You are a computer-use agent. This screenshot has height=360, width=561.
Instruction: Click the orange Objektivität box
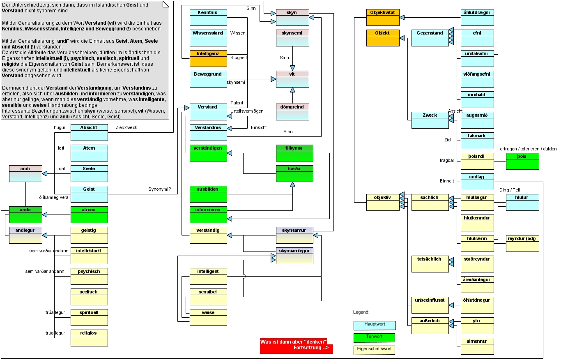point(383,17)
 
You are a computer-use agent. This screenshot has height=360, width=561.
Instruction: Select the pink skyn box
point(292,17)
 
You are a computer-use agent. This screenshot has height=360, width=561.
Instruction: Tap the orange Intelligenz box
point(208,58)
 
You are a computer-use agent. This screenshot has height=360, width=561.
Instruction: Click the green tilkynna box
point(294,153)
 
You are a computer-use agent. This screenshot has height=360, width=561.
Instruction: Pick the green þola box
point(522,161)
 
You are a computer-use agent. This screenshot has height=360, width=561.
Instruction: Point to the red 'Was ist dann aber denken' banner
point(296,346)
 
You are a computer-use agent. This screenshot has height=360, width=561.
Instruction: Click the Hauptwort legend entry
point(375,325)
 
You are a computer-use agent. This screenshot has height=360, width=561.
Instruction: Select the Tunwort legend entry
point(374,337)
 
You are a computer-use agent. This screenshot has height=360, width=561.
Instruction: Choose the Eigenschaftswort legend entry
point(374,350)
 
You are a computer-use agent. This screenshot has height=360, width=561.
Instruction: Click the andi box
point(25,173)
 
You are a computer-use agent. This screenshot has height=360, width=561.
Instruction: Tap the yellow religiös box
point(89,338)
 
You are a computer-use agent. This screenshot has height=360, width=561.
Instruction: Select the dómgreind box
point(292,112)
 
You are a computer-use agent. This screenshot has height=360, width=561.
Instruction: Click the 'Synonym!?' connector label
point(160,189)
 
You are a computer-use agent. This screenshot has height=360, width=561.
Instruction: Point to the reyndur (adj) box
point(522,243)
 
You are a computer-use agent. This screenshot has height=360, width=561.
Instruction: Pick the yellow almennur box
point(477,346)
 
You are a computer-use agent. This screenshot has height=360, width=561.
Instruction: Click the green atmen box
point(89,215)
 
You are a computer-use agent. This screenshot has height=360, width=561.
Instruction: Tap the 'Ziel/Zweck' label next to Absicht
point(126,127)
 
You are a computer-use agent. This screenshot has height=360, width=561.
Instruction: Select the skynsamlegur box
point(294,256)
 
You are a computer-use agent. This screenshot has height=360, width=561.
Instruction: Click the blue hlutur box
point(522,202)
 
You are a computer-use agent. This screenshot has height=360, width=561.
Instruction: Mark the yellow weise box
point(208,317)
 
